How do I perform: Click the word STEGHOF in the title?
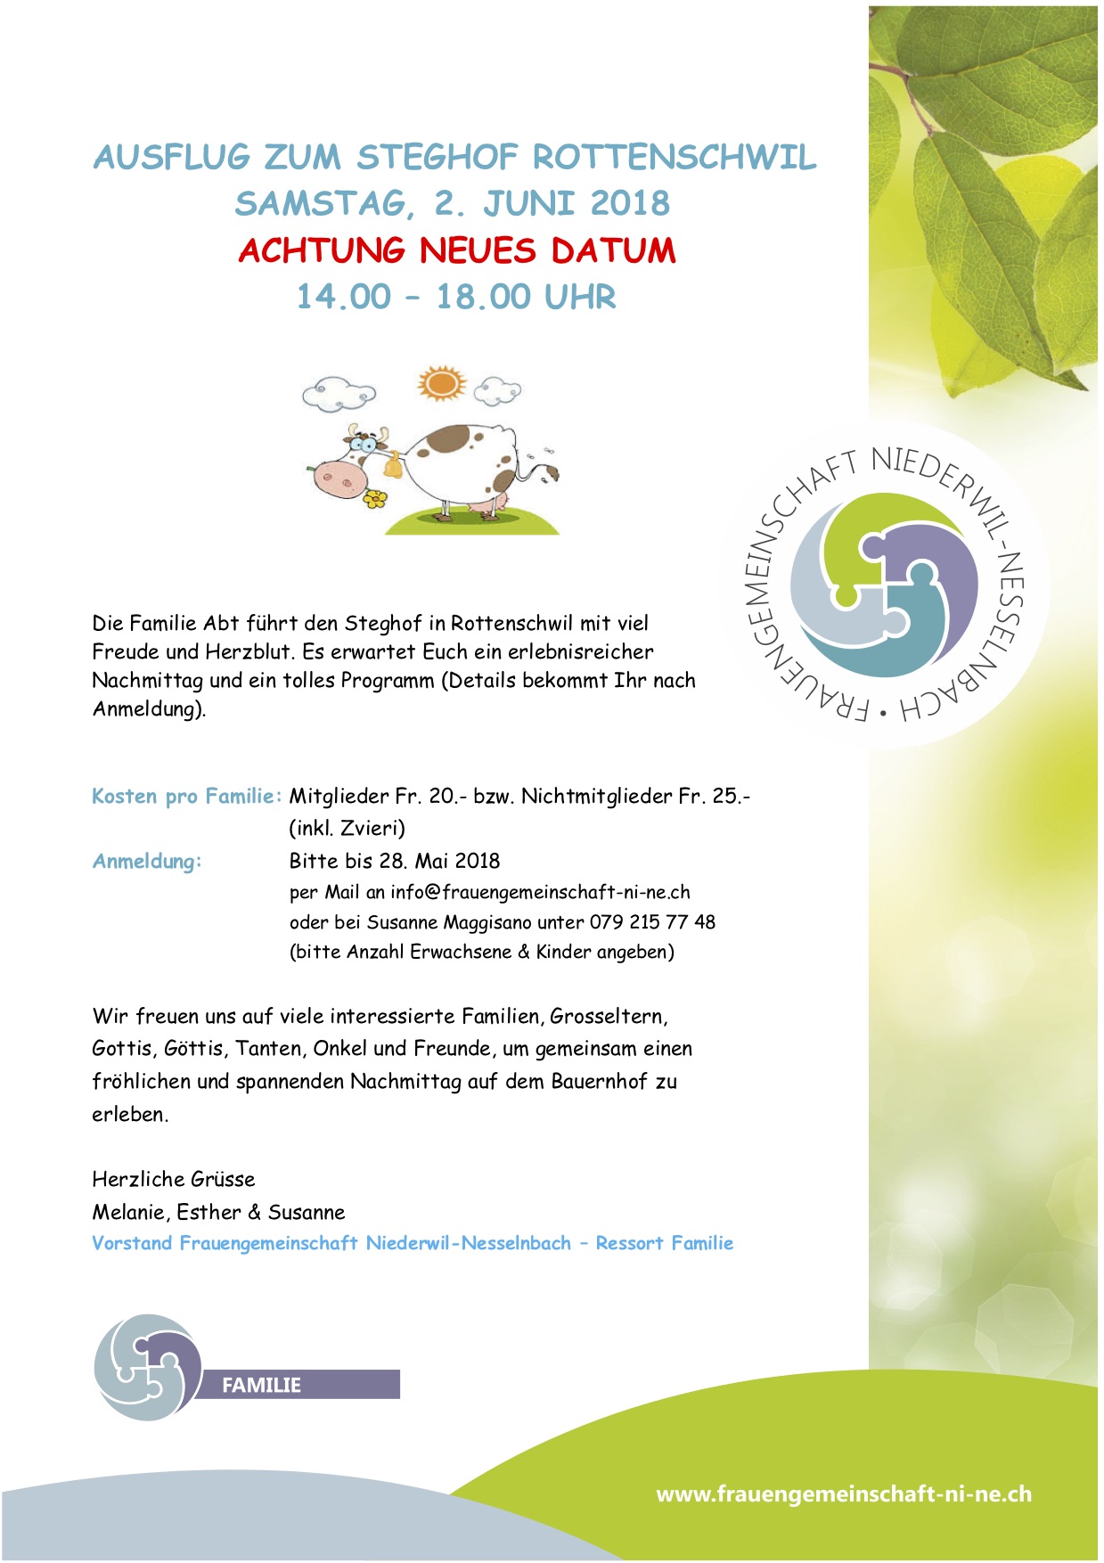[437, 158]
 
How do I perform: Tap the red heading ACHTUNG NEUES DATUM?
[457, 250]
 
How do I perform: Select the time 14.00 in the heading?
[344, 297]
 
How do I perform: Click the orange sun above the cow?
[441, 383]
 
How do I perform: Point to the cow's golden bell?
[391, 465]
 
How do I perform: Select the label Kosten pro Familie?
[186, 796]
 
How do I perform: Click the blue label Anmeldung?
[147, 861]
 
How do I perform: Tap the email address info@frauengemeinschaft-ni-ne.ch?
[540, 892]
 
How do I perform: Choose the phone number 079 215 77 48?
[652, 922]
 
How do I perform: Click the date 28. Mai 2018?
[439, 861]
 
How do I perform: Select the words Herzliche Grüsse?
[174, 1179]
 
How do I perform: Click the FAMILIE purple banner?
[296, 1385]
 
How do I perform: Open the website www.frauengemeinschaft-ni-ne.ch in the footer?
[843, 1494]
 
